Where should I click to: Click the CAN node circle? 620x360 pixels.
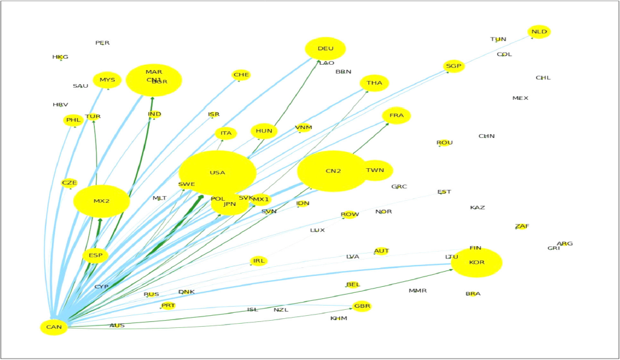pos(54,327)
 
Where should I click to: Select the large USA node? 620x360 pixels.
pos(217,173)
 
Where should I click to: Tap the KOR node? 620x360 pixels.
pos(477,263)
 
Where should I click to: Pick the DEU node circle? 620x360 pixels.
pos(325,49)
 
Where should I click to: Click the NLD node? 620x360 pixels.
pos(539,31)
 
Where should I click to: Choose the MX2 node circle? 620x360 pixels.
pos(102,201)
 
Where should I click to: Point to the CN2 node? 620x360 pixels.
pos(333,171)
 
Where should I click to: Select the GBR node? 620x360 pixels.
pos(362,306)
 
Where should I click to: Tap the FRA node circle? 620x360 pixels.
pos(396,116)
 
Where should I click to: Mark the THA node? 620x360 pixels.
pos(374,83)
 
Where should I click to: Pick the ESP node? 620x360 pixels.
pos(95,255)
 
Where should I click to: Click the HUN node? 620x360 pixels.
pos(264,131)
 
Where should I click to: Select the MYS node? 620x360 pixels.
pos(107,80)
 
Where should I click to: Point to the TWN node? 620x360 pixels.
pos(376,171)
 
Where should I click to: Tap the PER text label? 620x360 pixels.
pos(102,43)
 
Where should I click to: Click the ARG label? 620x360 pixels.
pos(565,244)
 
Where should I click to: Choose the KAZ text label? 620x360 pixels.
pos(477,208)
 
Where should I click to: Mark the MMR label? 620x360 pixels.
pos(417,291)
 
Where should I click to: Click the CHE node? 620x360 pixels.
pos(241,75)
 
